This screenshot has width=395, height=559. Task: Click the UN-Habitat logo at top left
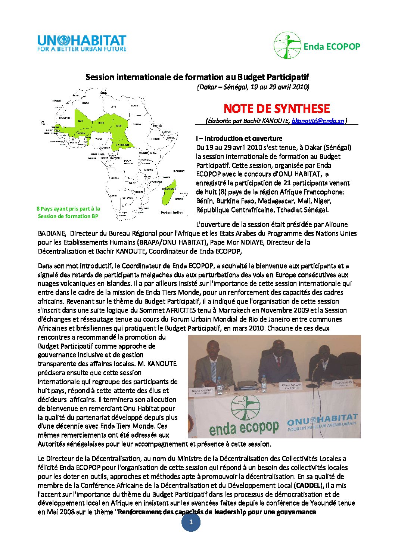coord(82,43)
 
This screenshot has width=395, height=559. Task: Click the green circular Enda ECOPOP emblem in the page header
coord(287,46)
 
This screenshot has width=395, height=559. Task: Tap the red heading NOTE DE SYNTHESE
coord(277,109)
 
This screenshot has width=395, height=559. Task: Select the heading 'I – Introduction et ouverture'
coord(239,138)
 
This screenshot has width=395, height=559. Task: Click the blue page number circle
coord(191,522)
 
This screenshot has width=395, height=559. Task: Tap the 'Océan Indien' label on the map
coord(172,212)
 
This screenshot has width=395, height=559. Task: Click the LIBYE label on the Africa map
coord(113,107)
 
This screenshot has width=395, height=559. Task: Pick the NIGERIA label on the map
coord(98,139)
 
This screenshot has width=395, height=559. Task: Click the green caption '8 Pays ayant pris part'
coord(68,209)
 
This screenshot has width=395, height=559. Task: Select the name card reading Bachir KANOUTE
coord(202,392)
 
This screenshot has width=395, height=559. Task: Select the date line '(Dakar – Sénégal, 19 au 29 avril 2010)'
coord(253,87)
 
